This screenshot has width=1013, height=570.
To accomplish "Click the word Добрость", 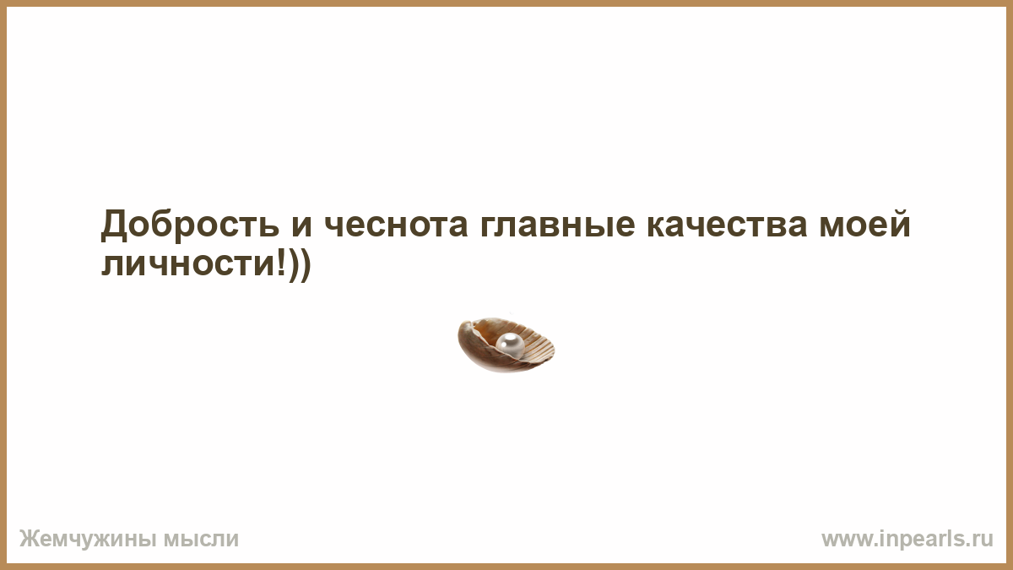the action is tap(190, 224).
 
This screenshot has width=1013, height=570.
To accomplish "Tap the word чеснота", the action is tap(396, 225).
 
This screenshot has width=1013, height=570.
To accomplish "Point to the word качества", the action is tap(727, 225).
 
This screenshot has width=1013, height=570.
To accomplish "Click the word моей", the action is tap(864, 223).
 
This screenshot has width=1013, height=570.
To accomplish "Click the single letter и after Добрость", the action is tap(301, 225).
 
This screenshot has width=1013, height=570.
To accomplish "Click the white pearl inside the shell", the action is tap(510, 345).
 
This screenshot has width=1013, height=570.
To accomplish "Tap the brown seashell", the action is tap(506, 345).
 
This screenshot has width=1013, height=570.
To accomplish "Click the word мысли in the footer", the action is tap(201, 540).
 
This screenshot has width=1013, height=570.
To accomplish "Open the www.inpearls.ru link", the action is tap(907, 540).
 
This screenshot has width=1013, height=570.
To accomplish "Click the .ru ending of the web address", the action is tap(981, 540).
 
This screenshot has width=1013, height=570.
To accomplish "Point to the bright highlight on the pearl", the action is tap(510, 339).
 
